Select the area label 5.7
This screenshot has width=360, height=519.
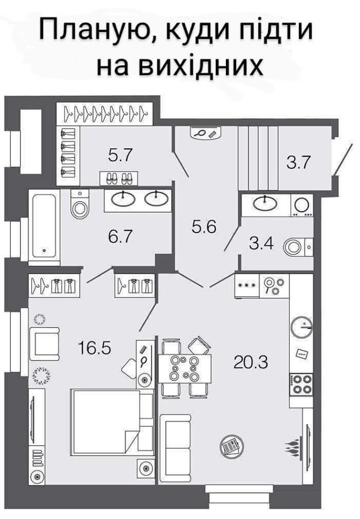pyautogui.click(x=121, y=155)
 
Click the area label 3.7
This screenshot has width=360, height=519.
pyautogui.click(x=298, y=163)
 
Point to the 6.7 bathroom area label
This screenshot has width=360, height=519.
pyautogui.click(x=121, y=236)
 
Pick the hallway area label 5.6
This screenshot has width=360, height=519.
pyautogui.click(x=204, y=227)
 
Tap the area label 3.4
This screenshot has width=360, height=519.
pyautogui.click(x=261, y=244)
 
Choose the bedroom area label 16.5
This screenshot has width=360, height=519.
pyautogui.click(x=94, y=348)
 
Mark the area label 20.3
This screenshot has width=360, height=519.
pyautogui.click(x=251, y=362)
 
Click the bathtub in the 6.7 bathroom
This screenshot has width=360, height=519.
pyautogui.click(x=44, y=227)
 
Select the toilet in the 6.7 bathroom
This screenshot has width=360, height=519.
pyautogui.click(x=80, y=204)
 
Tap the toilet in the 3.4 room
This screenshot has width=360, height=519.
pyautogui.click(x=298, y=247)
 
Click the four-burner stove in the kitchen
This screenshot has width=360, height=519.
pyautogui.click(x=301, y=384)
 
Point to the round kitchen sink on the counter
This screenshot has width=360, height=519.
pyautogui.click(x=302, y=327)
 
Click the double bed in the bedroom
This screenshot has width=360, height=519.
pyautogui.click(x=112, y=422)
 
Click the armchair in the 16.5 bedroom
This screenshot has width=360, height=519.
pyautogui.click(x=44, y=344)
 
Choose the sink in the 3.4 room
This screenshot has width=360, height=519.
pyautogui.click(x=265, y=203)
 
